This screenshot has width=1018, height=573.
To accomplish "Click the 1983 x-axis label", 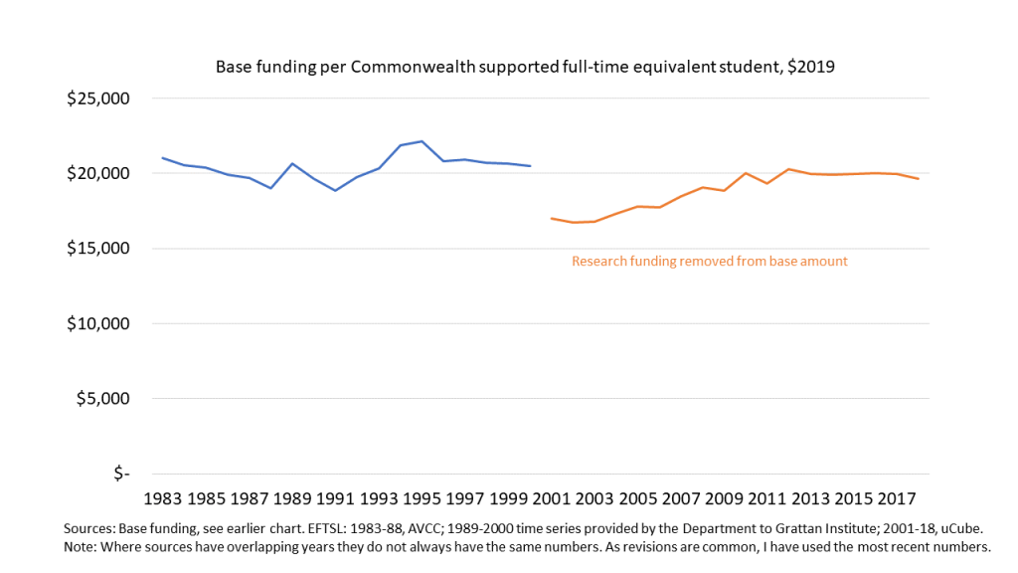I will click(x=163, y=497).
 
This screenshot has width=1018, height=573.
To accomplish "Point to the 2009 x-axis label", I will click(x=724, y=497).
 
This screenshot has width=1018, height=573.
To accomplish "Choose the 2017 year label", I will click(x=896, y=497).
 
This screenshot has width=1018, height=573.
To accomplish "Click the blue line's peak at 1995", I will click(x=422, y=141).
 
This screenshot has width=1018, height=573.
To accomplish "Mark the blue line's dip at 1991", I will click(x=336, y=190).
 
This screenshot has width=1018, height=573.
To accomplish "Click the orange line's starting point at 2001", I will click(x=552, y=218).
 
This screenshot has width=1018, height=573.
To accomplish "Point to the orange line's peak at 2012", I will click(x=788, y=169).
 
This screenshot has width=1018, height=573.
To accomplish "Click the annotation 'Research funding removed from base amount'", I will click(x=709, y=262).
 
